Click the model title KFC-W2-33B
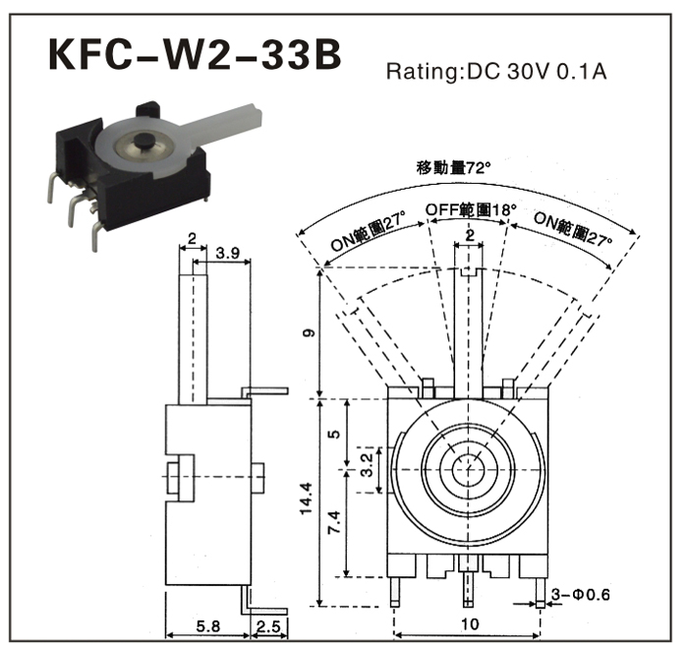coord(195,56)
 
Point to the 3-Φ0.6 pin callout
coord(581,595)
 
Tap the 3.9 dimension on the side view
coord(227,253)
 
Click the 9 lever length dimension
coord(309,333)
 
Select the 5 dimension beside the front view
coord(333,434)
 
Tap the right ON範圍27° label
coord(571,237)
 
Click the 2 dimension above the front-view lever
coord(470,236)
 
